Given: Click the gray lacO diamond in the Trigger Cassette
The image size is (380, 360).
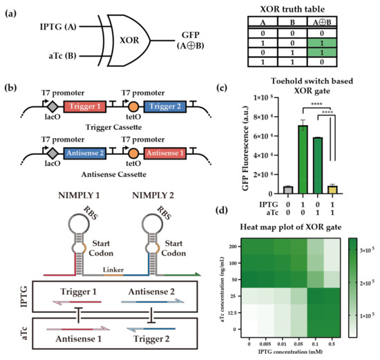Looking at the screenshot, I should [x=32, y=108].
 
